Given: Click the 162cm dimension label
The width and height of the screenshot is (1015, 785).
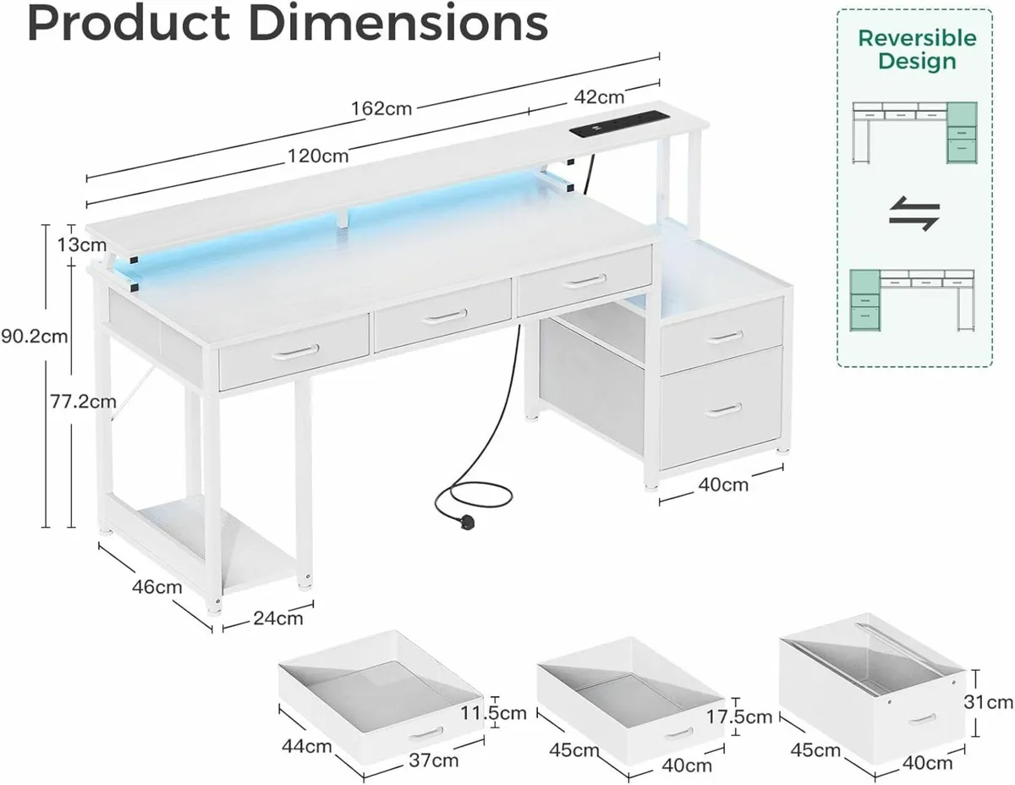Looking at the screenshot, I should (382, 109).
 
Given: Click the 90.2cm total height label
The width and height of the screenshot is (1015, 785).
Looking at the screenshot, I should (34, 336).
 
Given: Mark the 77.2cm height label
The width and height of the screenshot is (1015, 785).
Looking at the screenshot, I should (82, 402).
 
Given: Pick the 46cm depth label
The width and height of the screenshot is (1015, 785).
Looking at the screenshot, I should (156, 586).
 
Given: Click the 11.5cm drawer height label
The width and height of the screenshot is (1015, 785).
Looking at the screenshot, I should (493, 713).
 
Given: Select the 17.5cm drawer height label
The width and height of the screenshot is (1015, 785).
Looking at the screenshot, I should (741, 716).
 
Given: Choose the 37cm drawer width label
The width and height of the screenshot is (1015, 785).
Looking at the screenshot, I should (435, 760).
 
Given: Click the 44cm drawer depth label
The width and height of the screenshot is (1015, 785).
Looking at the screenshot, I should (305, 746).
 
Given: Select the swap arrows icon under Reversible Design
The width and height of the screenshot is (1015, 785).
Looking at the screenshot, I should (913, 215).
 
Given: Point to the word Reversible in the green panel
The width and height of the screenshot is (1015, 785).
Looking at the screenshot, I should (917, 38).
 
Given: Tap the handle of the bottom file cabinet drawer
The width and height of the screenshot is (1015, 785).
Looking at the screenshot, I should (724, 409).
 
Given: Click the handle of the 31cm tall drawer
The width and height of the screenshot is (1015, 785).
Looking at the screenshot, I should (921, 718).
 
